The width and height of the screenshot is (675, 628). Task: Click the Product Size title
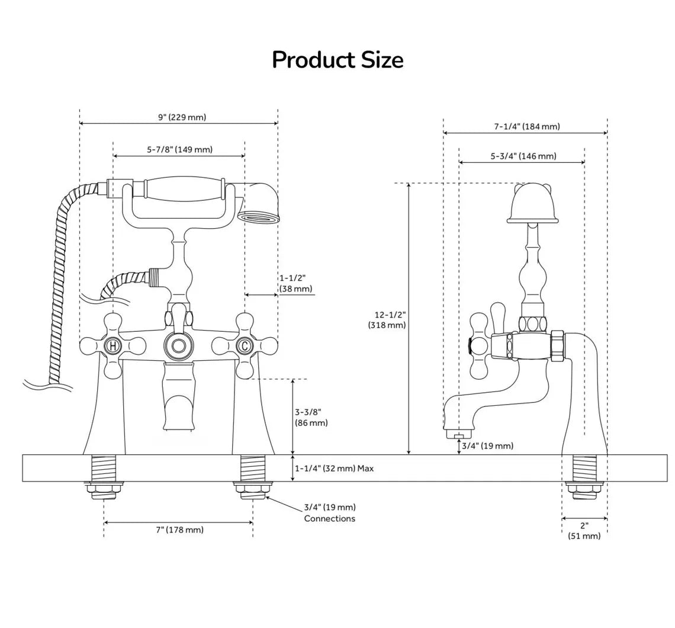337,60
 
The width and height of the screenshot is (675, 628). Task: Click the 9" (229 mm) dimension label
182,117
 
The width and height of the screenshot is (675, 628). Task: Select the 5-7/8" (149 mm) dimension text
179,150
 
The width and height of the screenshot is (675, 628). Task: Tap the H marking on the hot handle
112,345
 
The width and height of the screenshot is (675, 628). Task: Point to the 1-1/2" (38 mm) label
295,284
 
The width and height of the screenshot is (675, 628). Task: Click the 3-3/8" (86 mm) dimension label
311,417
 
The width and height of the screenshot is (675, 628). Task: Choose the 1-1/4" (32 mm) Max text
335,469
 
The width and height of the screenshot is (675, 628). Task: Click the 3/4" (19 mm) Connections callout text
330,512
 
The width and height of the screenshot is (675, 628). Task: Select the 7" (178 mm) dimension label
179,530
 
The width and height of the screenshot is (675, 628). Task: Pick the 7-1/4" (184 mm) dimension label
526,126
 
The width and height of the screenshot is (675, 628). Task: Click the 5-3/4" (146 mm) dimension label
523,156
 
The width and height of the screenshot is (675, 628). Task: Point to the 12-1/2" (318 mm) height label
387,319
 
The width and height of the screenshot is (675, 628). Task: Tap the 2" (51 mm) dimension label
584,531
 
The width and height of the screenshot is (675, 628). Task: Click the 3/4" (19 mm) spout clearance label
487,446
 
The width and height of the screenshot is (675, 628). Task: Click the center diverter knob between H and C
178,345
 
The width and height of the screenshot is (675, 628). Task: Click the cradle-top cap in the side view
532,204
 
